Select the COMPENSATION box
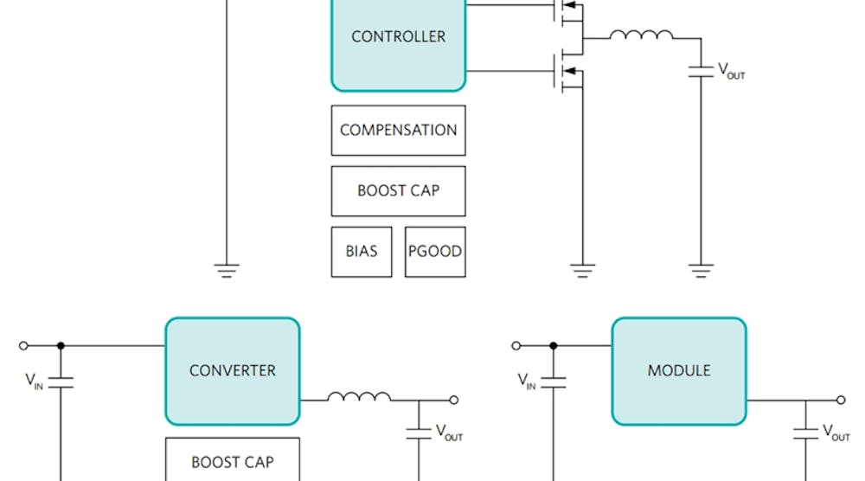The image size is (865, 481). coord(398,131)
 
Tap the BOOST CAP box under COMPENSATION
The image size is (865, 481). coord(398,191)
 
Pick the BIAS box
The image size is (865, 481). coord(362,252)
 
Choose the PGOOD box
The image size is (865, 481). coord(434,252)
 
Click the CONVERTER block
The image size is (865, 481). coord(232,370)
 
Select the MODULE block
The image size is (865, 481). coord(679,370)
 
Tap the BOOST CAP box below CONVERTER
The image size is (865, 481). coord(232,460)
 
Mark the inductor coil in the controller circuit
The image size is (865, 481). coord(641,35)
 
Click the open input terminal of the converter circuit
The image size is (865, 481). coord(23,346)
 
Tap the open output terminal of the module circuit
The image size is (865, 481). coord(841,400)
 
